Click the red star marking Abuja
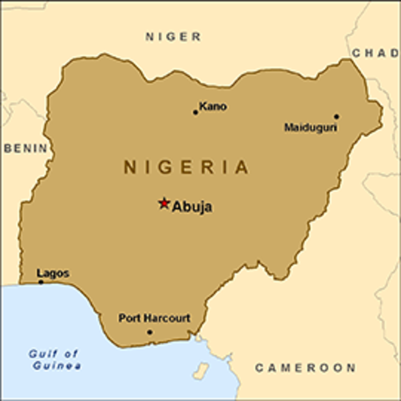[x=165, y=203]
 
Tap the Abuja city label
[x=192, y=207]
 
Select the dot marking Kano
[x=195, y=112]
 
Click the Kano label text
[x=213, y=107]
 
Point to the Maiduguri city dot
[x=337, y=117]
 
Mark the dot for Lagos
[x=41, y=282]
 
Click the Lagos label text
[x=53, y=273]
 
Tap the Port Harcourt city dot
[x=150, y=332]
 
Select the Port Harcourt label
[x=155, y=318]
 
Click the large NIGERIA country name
[x=186, y=167]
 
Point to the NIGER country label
[x=174, y=37]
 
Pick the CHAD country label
[x=375, y=53]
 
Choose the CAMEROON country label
[x=305, y=368]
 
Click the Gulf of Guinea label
[x=53, y=360]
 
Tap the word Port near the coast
[x=129, y=318]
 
